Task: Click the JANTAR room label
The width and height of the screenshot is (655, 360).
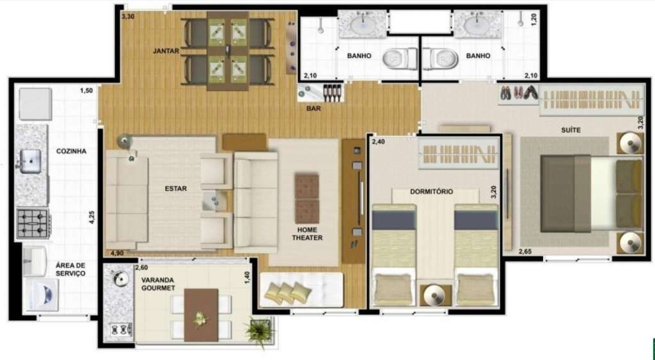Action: click(x=166, y=51)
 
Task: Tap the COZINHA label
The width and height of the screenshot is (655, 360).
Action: click(x=71, y=152)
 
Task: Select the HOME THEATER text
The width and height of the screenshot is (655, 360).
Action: click(x=307, y=234)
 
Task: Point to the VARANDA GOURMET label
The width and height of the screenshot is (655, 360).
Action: click(x=158, y=284)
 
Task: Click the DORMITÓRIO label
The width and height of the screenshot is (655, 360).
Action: click(x=432, y=191)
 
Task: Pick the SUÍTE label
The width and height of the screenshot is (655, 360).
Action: click(x=571, y=130)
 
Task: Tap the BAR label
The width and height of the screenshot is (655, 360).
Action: click(x=313, y=109)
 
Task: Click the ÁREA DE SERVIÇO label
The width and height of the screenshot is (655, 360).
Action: click(x=70, y=269)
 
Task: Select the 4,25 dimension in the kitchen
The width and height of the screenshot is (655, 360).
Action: click(x=91, y=217)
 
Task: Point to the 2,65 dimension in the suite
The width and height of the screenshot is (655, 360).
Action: click(x=526, y=251)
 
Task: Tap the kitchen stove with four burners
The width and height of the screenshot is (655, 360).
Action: click(x=33, y=223)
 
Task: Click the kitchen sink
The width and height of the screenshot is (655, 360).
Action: click(x=30, y=161)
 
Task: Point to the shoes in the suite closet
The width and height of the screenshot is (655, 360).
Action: click(x=518, y=93)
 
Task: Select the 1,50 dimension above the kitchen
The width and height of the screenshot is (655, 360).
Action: click(x=86, y=91)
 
